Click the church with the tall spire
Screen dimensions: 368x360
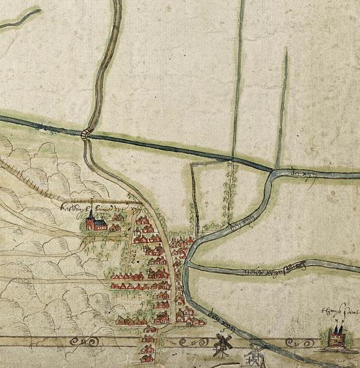pos(91,219)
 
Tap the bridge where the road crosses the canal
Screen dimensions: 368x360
pos(87,133)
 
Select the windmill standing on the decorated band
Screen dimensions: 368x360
pos(221,343)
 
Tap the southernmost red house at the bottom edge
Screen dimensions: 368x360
pos(148,360)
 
